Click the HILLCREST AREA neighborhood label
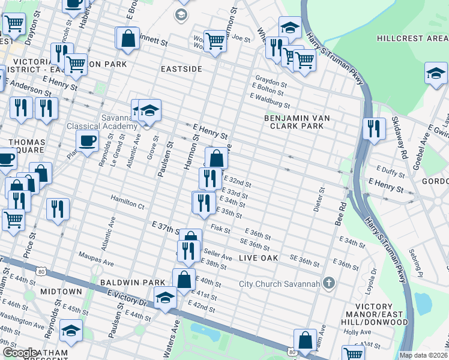(x=412, y=38)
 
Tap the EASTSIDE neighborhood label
(x=181, y=70)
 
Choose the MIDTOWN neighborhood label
(x=61, y=292)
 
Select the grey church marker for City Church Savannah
(x=328, y=283)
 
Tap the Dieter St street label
(x=318, y=200)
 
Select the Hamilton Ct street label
(x=127, y=202)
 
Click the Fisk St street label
(x=221, y=228)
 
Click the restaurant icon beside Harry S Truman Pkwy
(x=373, y=128)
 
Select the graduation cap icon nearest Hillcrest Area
(x=435, y=73)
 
